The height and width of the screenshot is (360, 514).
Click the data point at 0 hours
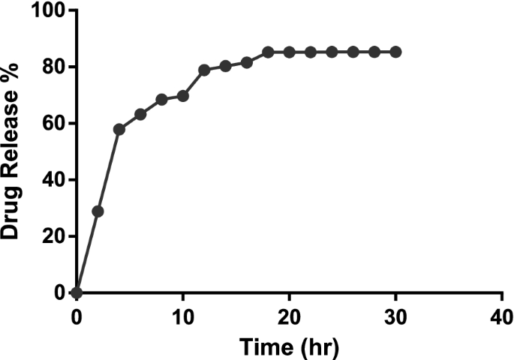coord(77,292)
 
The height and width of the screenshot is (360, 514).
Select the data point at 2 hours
coord(98,211)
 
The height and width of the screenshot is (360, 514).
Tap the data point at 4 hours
coord(119,129)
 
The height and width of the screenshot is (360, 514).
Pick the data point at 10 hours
coord(182,96)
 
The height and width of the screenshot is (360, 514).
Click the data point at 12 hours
coord(204,70)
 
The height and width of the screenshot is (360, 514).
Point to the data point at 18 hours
coord(268,52)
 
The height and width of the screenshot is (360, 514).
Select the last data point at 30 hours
coord(395,52)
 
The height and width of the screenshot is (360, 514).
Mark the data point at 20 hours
coord(289,52)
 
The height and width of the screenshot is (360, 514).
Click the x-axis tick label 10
coord(182,313)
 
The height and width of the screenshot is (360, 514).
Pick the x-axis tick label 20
coord(289,313)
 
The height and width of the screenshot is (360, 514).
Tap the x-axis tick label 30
coord(395,313)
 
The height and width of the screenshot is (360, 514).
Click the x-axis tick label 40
coord(501,313)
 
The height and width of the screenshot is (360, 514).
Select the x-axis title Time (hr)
coord(289,346)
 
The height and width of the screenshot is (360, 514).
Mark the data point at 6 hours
coord(140,114)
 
